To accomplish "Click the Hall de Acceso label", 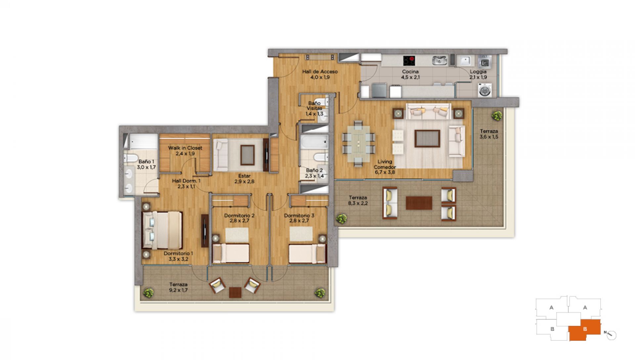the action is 320,71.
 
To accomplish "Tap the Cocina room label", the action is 410,71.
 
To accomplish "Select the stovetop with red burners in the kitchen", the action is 409,61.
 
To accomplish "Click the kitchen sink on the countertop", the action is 440,61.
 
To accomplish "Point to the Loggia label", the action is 478,71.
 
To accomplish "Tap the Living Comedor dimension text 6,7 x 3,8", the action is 385,172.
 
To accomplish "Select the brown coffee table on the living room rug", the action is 427,138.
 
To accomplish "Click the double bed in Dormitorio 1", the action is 162,230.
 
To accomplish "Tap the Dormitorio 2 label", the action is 239,215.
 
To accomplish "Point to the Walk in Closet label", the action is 185,148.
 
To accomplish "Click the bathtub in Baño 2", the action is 315,142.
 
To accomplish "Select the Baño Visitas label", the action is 314,106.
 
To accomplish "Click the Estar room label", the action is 244,176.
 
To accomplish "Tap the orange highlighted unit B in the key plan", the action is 584,330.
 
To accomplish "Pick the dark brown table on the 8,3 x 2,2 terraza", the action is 419,203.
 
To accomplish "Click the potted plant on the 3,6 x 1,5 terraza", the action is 496,116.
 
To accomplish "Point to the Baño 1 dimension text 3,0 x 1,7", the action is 146,167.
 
